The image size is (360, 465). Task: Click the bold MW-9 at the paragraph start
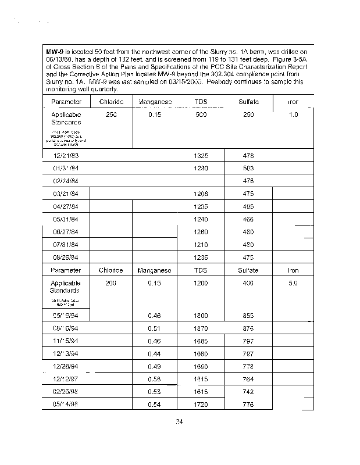[55, 52]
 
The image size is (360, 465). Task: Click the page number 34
[180, 422]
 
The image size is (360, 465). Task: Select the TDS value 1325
[201, 156]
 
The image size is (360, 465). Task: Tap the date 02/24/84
[66, 181]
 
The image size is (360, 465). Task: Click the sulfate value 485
[248, 206]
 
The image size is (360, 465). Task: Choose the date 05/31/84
[66, 219]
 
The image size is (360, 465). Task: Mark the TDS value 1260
[201, 232]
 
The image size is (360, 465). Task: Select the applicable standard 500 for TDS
[201, 115]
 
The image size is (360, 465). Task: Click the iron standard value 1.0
[293, 115]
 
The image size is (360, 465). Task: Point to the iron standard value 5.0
[293, 283]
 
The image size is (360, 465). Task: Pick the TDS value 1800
[201, 316]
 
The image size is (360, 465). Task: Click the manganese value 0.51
[154, 328]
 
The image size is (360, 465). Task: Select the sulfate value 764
[248, 380]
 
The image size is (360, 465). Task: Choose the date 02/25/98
[66, 392]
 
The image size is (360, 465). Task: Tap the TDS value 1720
[201, 404]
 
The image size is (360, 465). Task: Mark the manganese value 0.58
[154, 380]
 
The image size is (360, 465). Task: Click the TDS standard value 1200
[201, 283]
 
